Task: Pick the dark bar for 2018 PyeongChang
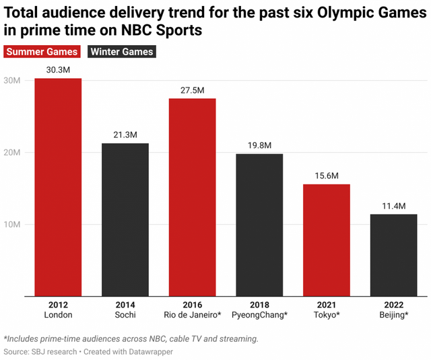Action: [x=259, y=225]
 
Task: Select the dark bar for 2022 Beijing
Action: [x=393, y=255]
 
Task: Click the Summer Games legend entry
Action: [x=42, y=52]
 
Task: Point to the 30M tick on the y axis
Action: [x=13, y=81]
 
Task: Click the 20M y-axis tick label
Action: [x=13, y=153]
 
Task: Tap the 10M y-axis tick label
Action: [x=13, y=224]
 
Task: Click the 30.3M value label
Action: [x=58, y=69]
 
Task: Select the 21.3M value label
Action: [x=125, y=135]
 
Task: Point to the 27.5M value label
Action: [x=193, y=89]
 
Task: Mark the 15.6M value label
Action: [x=327, y=176]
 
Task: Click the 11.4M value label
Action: [x=393, y=205]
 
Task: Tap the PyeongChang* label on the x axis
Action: [x=259, y=314]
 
